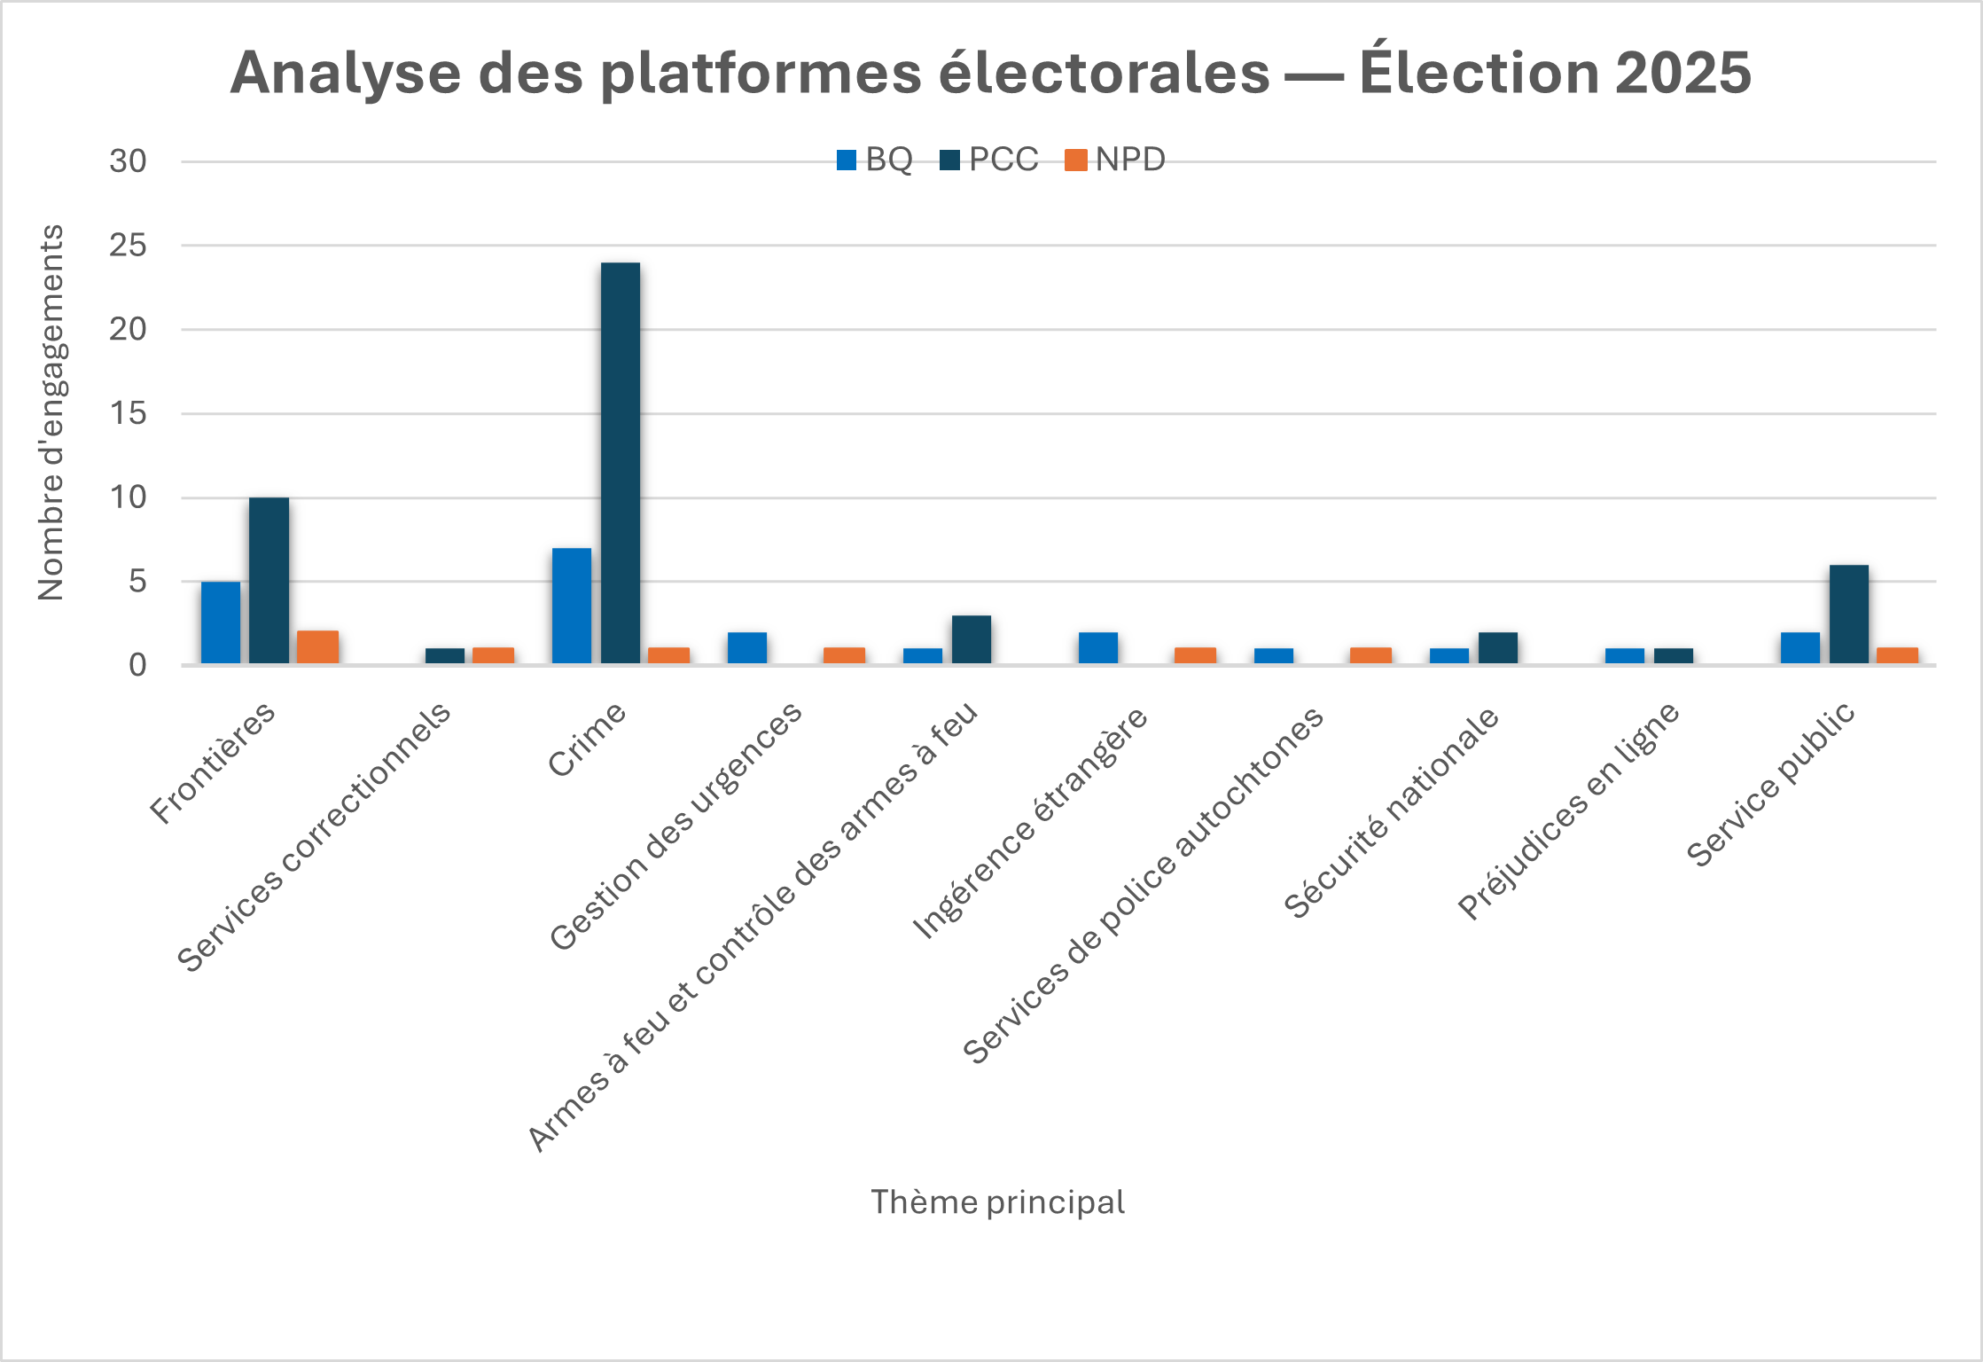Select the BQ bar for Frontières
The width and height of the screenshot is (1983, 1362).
(220, 622)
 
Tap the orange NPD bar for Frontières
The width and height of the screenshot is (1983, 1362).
(317, 647)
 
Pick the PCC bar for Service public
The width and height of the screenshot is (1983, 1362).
(1848, 614)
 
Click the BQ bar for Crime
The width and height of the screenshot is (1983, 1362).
(571, 606)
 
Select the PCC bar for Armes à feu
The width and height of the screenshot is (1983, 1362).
(971, 639)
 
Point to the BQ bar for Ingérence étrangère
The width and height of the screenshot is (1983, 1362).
(1097, 648)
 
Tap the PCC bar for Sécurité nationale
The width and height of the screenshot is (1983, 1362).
(1497, 648)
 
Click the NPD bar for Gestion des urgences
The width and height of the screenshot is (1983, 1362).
(844, 656)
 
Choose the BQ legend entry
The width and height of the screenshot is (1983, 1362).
(875, 160)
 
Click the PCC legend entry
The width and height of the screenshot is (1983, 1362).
(989, 160)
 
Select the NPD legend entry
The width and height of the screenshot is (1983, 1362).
(1115, 160)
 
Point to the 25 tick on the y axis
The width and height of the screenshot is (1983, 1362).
(128, 246)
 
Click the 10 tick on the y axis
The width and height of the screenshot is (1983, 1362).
(128, 497)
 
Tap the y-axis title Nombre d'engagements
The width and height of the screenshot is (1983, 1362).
(51, 412)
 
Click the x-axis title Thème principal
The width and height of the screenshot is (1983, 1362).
(997, 1202)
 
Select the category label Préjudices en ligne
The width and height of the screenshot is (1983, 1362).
(1568, 811)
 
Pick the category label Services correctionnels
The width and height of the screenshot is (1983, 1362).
(314, 838)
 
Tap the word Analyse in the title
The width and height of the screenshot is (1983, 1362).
(345, 73)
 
